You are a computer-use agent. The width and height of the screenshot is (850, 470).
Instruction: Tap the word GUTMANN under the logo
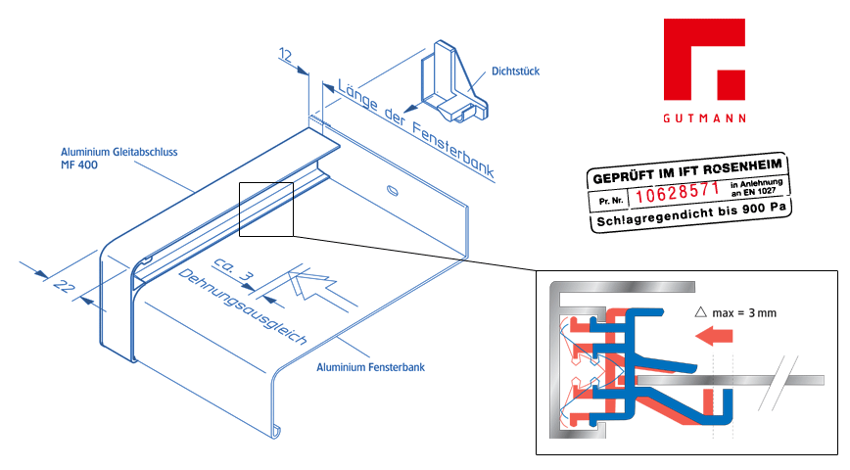[705, 118]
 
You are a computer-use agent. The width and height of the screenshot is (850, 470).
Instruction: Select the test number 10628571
[677, 193]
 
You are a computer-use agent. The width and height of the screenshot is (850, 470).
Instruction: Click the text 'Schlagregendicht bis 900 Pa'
[690, 214]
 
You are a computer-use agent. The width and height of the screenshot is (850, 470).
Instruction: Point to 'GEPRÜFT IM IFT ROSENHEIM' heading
[687, 170]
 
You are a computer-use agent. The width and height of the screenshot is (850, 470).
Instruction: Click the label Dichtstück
[515, 71]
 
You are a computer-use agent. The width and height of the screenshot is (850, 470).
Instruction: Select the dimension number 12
[286, 55]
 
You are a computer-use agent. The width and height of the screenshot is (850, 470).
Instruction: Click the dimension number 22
[63, 285]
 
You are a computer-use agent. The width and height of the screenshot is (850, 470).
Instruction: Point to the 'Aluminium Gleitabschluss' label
[118, 152]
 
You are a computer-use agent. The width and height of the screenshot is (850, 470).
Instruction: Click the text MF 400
[79, 164]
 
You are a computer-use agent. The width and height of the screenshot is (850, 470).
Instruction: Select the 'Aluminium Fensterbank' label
[370, 367]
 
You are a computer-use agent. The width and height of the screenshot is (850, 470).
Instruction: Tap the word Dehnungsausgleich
[242, 306]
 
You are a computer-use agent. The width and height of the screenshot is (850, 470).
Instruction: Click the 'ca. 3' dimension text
[233, 269]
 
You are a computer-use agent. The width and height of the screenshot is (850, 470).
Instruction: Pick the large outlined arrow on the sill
[320, 290]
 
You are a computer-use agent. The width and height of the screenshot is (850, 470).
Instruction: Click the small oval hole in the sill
[393, 190]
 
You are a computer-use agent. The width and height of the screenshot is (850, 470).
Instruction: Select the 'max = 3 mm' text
[744, 312]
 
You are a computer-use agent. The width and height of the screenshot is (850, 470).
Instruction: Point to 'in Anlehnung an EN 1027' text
[756, 187]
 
